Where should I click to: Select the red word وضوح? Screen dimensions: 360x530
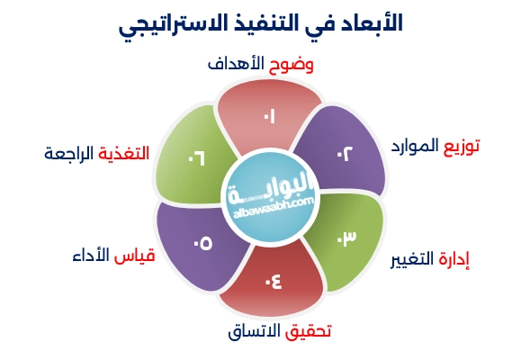coord(305,66)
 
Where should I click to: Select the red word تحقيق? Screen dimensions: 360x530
coord(308,331)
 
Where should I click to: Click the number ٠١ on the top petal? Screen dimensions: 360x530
coord(268,117)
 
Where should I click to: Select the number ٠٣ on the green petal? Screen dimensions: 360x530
coord(346,238)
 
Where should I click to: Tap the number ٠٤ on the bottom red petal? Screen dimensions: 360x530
coord(273,281)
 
